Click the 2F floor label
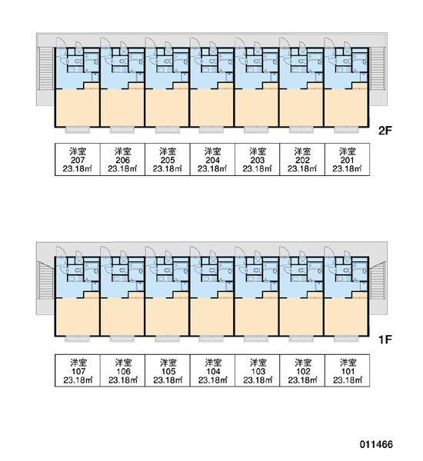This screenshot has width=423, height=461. click(x=385, y=131)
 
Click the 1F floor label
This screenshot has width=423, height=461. click(x=385, y=340)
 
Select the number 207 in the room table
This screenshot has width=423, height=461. click(x=78, y=161)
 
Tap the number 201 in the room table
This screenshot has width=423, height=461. click(x=347, y=161)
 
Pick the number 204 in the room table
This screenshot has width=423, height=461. click(x=212, y=161)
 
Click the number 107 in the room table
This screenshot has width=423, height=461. click(x=78, y=371)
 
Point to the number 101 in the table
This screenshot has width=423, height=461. click(x=348, y=371)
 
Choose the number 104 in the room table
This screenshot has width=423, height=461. click(x=213, y=371)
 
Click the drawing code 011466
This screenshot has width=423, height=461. click(x=376, y=444)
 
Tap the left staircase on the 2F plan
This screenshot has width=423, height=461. click(x=45, y=68)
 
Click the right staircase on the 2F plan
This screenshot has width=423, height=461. click(x=378, y=68)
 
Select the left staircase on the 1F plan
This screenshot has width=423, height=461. click(x=45, y=280)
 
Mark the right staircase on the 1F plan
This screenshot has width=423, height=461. click(x=378, y=280)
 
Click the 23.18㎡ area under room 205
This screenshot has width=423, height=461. click(x=168, y=169)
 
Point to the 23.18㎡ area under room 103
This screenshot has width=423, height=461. click(x=258, y=380)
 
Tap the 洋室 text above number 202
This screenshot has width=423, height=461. click(x=302, y=151)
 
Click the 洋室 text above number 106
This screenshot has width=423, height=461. click(x=123, y=363)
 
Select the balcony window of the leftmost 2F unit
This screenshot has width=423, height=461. click(x=77, y=130)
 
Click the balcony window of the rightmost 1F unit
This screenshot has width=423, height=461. click(x=346, y=339)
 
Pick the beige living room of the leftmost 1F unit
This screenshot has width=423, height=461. click(x=78, y=316)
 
